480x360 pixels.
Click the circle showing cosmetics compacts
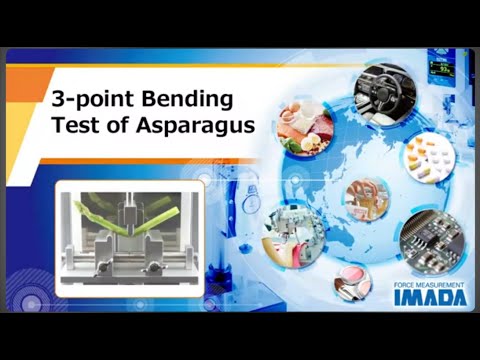(352, 282)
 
